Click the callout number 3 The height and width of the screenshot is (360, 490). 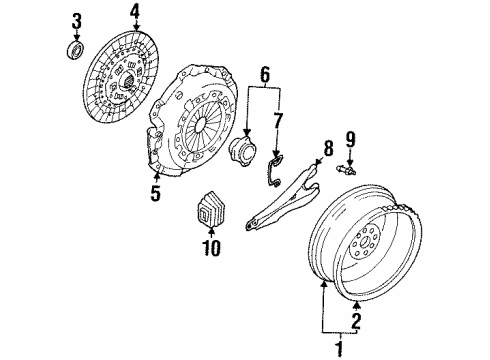tap(77, 22)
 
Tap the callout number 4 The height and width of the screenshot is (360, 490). tap(135, 14)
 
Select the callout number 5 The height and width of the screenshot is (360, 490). tap(156, 193)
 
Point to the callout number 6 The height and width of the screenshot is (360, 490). tap(265, 74)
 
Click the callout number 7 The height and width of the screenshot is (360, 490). tap(278, 120)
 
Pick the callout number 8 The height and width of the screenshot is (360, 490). tap(328, 148)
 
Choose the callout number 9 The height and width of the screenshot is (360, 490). tap(350, 140)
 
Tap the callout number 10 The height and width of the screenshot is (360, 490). tap(211, 248)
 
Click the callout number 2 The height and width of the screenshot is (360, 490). tap(356, 320)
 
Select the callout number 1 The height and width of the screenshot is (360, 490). tap(340, 348)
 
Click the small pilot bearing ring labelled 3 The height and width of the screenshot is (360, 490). tap(76, 50)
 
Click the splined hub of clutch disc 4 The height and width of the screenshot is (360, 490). tap(128, 80)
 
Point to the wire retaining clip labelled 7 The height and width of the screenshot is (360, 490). tap(275, 171)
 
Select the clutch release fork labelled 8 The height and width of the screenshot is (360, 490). tap(283, 197)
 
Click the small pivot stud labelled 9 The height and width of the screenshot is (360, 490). tap(347, 170)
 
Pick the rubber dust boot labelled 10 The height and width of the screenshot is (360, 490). tap(210, 210)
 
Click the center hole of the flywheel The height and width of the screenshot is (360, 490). tap(365, 241)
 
